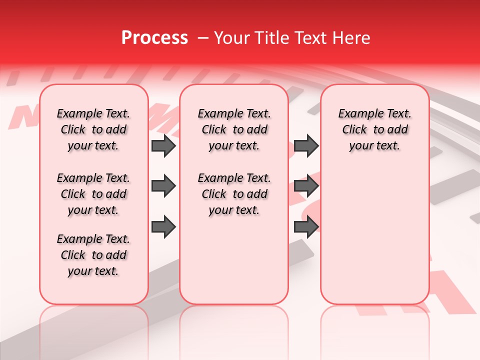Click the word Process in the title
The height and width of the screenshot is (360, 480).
point(154,38)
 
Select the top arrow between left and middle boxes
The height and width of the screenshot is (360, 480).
point(163,145)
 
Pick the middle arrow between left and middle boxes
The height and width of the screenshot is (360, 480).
point(163,186)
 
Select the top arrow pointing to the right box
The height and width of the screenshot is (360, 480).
point(306,145)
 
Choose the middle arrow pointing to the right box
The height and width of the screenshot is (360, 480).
point(306,186)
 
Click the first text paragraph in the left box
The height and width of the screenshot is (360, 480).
point(93,129)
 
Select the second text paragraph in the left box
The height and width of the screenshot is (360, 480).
point(93,194)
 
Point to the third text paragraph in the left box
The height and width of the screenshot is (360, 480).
point(93,255)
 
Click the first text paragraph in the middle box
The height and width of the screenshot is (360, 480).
point(234,129)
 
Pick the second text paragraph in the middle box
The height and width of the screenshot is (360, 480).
point(234,194)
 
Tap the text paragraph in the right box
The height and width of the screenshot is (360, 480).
point(374,129)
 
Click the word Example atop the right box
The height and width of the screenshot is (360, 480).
point(356,114)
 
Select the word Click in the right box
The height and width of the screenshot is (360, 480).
point(354,130)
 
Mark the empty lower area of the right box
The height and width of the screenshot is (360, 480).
point(374,230)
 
